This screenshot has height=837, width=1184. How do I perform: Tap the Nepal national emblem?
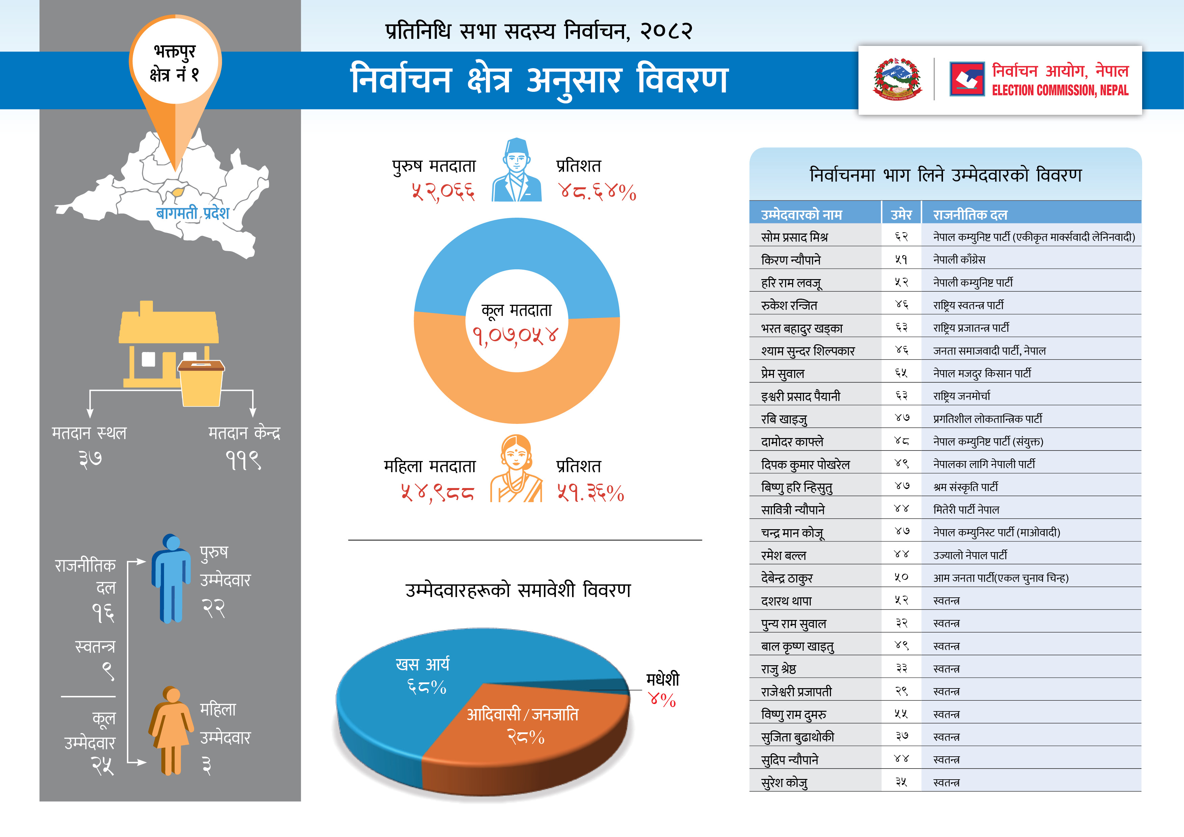tap(897, 79)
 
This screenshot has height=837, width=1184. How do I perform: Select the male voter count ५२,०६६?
tap(443, 192)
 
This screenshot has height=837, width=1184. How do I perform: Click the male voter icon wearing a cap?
tap(516, 170)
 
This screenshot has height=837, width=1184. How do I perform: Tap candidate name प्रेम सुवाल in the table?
tap(782, 373)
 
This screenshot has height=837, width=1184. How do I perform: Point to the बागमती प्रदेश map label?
tap(192, 213)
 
